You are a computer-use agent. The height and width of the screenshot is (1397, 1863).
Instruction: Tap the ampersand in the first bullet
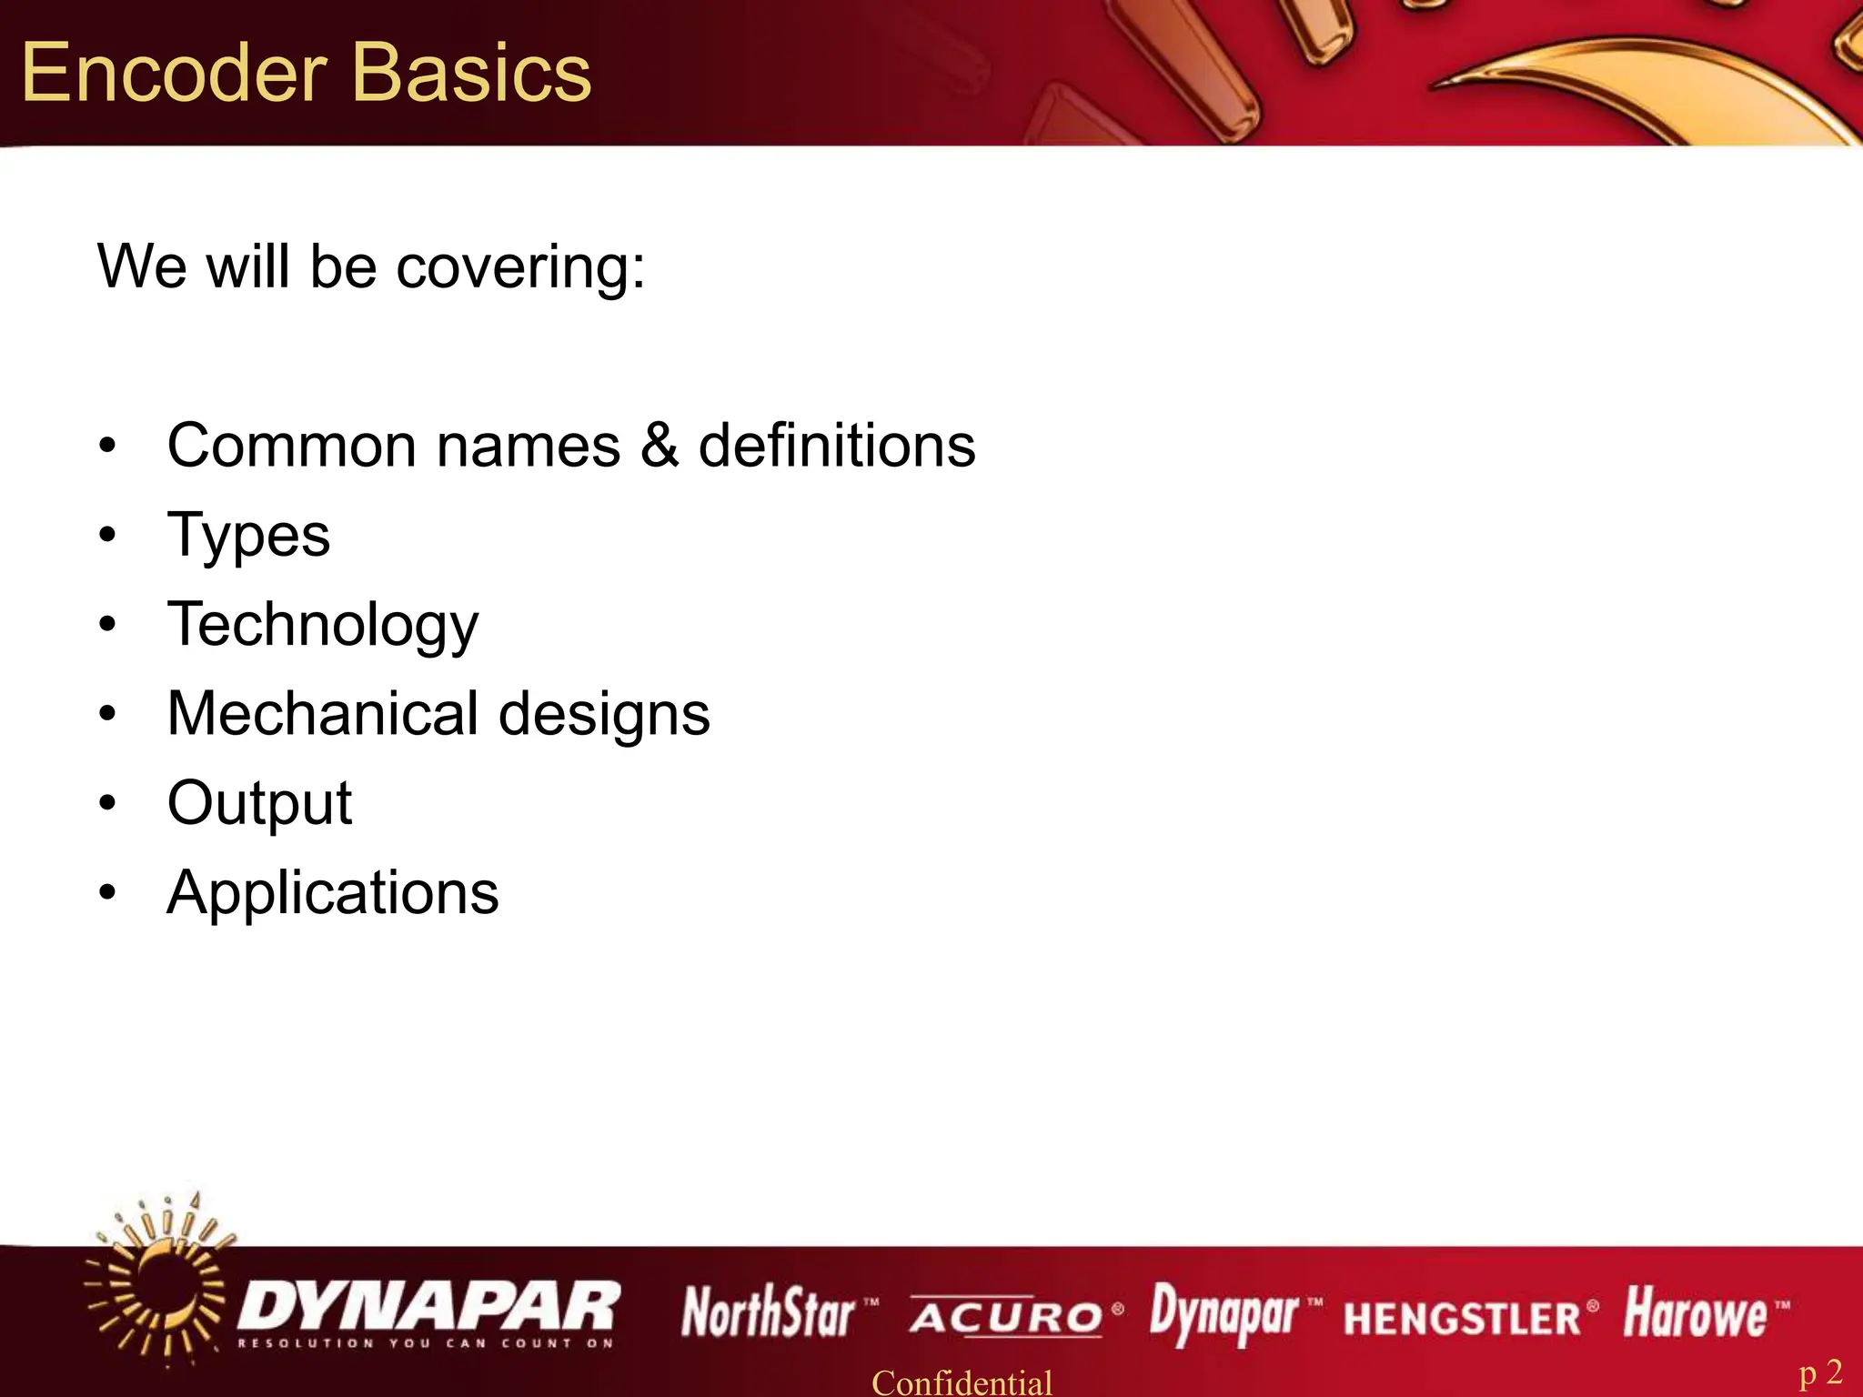click(659, 446)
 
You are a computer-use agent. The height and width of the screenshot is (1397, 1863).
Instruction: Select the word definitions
click(836, 446)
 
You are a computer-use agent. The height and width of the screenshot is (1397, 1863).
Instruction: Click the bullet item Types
click(248, 536)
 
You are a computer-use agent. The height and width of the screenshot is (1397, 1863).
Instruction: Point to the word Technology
click(323, 626)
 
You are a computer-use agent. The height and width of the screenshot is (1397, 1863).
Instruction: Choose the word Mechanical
click(323, 713)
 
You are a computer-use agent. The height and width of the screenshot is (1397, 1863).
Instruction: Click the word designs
click(604, 715)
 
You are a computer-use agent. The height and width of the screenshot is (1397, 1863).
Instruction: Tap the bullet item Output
click(259, 803)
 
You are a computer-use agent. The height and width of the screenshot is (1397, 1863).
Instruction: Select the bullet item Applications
click(333, 892)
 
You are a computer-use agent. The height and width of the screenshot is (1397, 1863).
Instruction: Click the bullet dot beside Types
click(108, 535)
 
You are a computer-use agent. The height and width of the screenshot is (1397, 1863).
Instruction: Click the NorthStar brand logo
click(770, 1312)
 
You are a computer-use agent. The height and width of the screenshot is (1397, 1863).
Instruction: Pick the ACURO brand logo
click(1006, 1316)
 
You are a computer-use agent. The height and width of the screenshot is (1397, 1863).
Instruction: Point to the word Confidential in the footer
click(962, 1382)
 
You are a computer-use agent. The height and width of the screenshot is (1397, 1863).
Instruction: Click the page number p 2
click(1820, 1372)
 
